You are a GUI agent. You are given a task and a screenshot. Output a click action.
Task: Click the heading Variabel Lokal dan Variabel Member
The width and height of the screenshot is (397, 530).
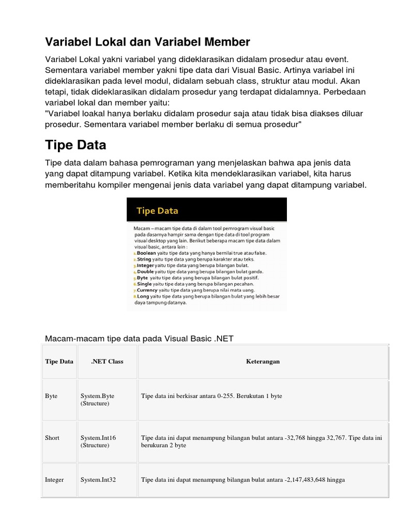pos(147,41)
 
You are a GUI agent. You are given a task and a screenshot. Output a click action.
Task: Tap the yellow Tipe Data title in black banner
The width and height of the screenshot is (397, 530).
pos(157,211)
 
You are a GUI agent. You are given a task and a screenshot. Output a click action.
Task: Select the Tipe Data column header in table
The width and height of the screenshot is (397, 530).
pos(59,361)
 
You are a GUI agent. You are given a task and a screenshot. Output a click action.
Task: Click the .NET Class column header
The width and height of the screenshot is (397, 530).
pos(107,361)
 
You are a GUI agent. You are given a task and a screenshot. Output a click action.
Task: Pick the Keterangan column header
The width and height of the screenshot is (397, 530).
pos(263,361)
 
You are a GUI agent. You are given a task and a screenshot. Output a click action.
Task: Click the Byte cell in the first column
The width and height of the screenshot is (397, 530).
pos(51,396)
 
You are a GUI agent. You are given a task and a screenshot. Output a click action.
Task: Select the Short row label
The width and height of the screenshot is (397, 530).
pos(52,438)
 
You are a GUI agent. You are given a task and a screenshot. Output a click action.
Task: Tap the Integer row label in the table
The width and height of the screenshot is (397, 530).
pos(55,480)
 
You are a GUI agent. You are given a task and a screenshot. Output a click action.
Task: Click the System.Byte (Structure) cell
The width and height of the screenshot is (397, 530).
pos(97,400)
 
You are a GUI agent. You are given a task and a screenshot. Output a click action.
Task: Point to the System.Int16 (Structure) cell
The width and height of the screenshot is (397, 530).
pos(98,441)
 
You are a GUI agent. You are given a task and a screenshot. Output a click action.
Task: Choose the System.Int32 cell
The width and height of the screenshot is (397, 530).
pos(98,480)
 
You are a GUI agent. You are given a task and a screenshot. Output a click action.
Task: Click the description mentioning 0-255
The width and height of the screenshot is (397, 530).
pos(211,396)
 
